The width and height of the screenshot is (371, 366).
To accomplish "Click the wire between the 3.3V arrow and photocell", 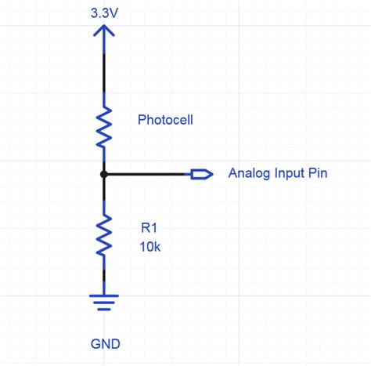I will (103, 71).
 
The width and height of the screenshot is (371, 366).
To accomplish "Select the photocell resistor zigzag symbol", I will (103, 126).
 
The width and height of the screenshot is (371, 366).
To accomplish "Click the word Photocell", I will (165, 121).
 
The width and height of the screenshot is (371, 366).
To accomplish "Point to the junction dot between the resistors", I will (103, 174).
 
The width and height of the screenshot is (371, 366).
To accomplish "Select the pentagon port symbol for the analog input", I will (202, 174).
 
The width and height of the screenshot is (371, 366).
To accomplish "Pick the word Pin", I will (317, 173).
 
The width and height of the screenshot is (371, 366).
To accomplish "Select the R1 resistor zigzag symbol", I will (103, 236).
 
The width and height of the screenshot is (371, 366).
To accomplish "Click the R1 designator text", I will (149, 229).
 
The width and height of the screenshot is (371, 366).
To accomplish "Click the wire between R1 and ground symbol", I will (103, 278).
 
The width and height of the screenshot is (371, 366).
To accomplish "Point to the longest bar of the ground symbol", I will (103, 295).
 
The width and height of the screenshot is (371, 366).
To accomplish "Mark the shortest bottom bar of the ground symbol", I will (103, 306).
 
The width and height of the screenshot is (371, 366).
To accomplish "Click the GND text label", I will (105, 343).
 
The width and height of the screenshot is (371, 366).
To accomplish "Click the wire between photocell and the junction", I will (103, 159).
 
